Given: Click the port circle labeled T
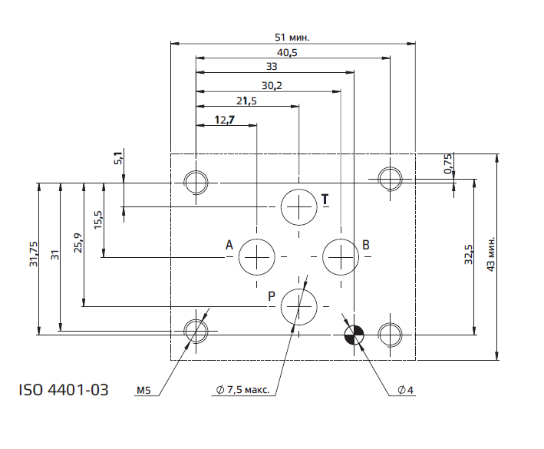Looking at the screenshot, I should [x=298, y=206].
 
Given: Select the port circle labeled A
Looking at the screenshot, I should [x=257, y=256].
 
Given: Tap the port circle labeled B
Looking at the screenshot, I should [x=340, y=256].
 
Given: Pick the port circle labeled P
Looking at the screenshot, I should [x=298, y=307].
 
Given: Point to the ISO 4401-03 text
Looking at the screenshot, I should [x=63, y=391].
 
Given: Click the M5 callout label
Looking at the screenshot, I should [x=143, y=391].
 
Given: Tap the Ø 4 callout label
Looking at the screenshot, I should [x=406, y=391].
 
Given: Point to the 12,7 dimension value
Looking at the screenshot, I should [x=225, y=119].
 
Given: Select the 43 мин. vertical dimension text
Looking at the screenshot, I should [x=492, y=251].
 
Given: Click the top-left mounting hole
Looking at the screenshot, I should [x=196, y=183].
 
